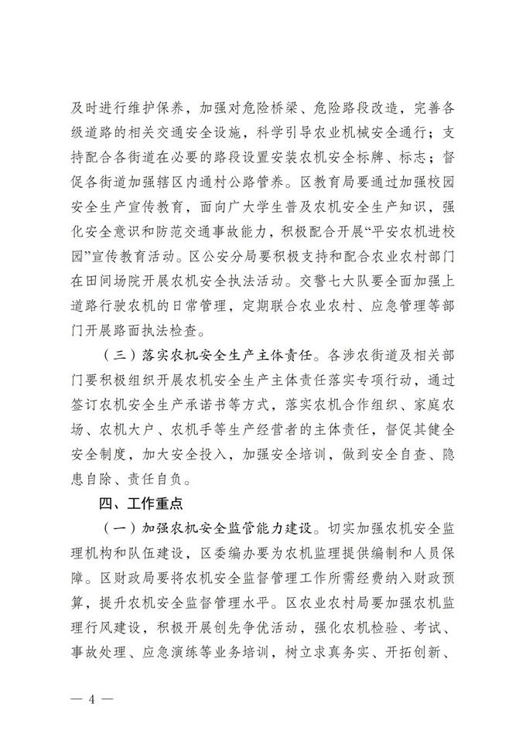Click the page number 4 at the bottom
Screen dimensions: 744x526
point(91,699)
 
